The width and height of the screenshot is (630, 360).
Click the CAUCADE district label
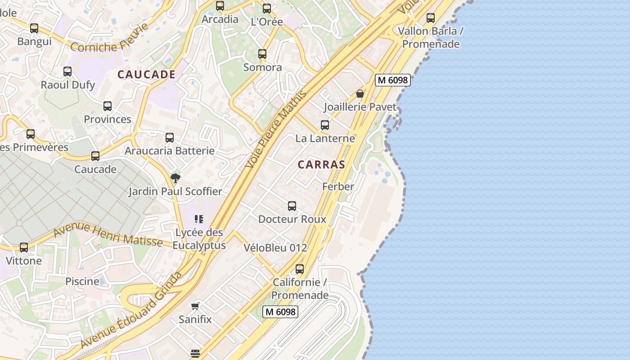146,75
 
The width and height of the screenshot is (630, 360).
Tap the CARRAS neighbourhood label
321,165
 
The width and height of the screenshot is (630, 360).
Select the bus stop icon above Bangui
34,28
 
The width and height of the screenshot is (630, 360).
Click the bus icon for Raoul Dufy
67,72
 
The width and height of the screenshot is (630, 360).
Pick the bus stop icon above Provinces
108,106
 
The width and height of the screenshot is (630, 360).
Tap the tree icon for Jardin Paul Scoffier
175,178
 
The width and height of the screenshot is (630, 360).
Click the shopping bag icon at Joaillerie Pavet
360,94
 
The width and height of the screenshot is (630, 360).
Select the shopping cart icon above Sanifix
195,306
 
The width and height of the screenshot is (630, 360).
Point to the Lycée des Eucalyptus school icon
199,219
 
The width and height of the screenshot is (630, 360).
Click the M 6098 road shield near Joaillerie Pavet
393,80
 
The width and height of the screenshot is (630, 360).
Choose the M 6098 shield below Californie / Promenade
281,311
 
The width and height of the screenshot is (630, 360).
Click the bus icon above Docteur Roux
292,206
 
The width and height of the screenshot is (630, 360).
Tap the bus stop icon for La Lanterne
325,125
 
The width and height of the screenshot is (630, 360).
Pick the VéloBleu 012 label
275,247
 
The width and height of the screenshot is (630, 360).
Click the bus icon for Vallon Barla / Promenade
431,18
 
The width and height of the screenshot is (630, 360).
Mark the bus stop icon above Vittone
24,247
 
